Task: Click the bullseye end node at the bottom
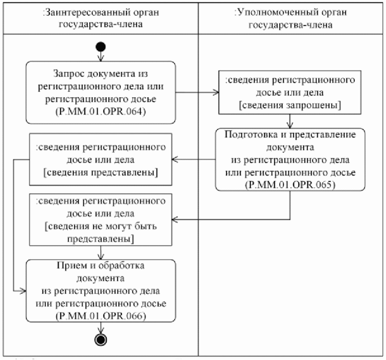[x=100, y=340]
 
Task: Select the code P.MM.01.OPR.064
[x=100, y=114]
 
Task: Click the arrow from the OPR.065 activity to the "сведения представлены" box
[x=195, y=160]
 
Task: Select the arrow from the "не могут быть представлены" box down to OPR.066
[x=100, y=252]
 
